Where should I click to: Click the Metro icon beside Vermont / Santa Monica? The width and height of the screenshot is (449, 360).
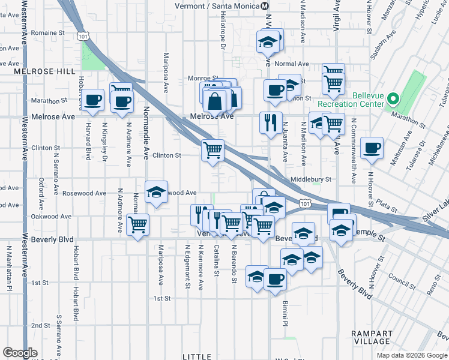(265, 5)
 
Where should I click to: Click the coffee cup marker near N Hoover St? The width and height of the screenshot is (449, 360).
(372, 148)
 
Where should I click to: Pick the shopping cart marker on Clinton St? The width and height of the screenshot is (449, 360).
(212, 150)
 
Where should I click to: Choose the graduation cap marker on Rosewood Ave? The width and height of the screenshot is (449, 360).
(157, 193)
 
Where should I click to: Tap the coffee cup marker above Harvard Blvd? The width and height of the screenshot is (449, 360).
(93, 100)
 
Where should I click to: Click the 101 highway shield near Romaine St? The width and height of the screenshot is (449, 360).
(83, 37)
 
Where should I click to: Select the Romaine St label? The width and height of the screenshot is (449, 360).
(49, 32)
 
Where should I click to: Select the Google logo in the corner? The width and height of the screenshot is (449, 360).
(20, 353)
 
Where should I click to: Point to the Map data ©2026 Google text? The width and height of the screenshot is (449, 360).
(412, 355)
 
